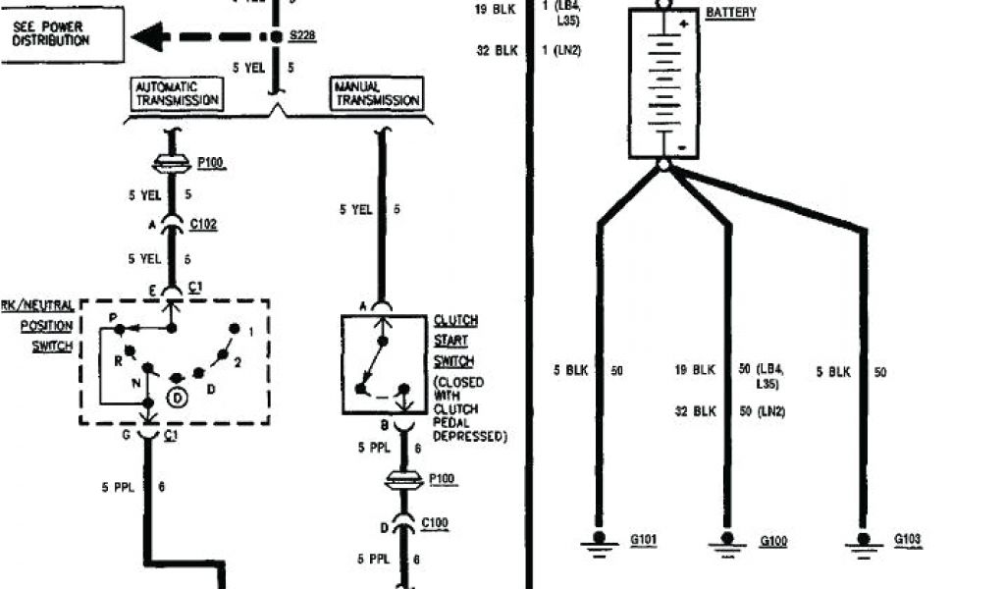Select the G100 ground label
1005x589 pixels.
[773, 541]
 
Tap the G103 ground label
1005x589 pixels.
[908, 540]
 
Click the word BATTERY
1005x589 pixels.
[731, 13]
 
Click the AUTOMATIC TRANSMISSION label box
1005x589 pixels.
[177, 93]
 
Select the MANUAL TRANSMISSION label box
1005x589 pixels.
[377, 93]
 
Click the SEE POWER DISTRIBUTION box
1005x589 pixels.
[63, 34]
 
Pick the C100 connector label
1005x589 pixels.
[435, 523]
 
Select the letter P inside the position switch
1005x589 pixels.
[114, 317]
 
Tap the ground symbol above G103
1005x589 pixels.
[864, 541]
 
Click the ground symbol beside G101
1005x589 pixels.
[598, 541]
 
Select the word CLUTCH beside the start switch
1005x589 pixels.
[455, 321]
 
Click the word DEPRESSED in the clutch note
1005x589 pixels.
[470, 436]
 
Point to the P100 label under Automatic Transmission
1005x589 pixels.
[211, 163]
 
